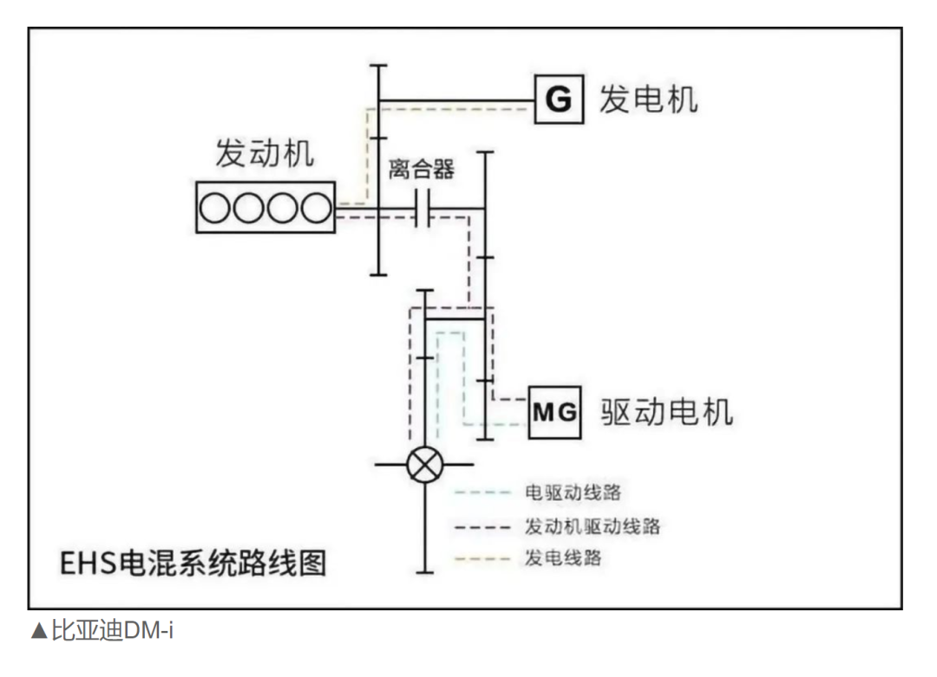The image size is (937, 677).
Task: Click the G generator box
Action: coord(558,99)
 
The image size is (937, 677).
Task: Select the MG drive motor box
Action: coord(554,412)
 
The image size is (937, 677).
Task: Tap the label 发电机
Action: coord(648,99)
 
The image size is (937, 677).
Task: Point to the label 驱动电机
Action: coord(666,411)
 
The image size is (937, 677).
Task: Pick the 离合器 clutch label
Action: coord(422,168)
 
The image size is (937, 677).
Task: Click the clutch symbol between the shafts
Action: coord(423,209)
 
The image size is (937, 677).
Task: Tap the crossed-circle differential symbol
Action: coord(424,465)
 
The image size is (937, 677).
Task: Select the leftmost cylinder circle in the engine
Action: coord(215,208)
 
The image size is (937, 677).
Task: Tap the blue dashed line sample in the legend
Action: coord(482,492)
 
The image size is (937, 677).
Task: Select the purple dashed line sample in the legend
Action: coord(482,526)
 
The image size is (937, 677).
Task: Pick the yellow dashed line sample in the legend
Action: coord(482,558)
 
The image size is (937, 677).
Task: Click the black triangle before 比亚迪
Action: coord(39,631)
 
